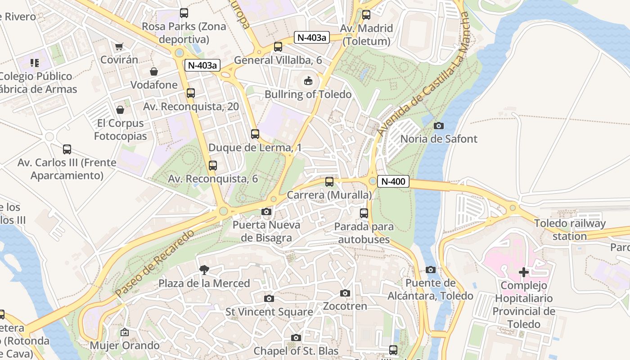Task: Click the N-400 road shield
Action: [393, 182]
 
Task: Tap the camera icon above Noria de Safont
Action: [438, 126]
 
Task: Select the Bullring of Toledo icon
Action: [308, 81]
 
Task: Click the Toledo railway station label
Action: [570, 229]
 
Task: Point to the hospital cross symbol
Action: [524, 272]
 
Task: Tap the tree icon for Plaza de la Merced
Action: [204, 270]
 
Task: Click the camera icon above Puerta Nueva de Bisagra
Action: [266, 211]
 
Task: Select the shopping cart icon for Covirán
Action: [119, 46]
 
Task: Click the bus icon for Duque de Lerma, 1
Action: [255, 134]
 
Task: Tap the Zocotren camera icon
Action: [345, 293]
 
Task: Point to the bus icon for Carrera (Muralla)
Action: [329, 182]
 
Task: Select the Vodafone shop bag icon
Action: [154, 72]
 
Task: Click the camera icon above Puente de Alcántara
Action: [431, 270]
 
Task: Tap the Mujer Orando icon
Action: [125, 333]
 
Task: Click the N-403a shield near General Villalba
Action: [312, 37]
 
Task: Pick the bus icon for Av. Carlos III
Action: [67, 149]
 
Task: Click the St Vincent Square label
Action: [269, 312]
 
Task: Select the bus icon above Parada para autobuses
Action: [364, 213]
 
